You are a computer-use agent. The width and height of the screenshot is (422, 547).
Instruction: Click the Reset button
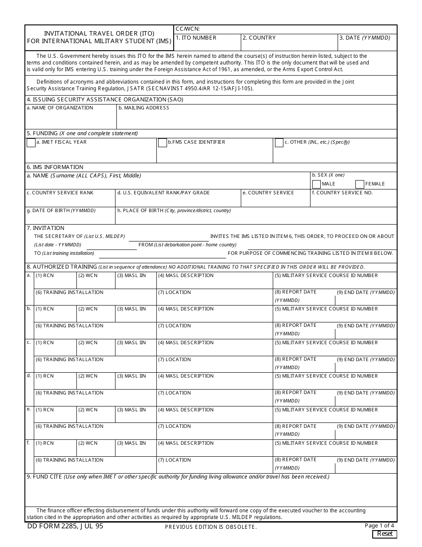pyautogui.click(x=384, y=534)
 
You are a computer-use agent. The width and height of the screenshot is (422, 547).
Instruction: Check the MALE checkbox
pyautogui.click(x=316, y=184)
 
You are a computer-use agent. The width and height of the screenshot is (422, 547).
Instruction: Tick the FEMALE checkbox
pyautogui.click(x=360, y=184)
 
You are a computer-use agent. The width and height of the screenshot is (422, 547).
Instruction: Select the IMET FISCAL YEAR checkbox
pyautogui.click(x=31, y=143)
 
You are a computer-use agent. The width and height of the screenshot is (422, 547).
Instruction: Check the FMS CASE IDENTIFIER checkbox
pyautogui.click(x=162, y=143)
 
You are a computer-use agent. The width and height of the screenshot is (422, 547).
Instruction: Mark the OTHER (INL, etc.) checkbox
pyautogui.click(x=279, y=143)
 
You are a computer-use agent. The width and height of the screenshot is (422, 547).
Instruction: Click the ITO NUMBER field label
pyautogui.click(x=196, y=38)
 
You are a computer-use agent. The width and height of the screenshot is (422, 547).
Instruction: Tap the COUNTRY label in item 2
pyautogui.click(x=259, y=38)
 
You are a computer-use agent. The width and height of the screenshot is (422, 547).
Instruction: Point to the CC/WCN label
pyautogui.click(x=188, y=29)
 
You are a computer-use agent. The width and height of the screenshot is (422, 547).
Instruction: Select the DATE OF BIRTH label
pyautogui.click(x=61, y=211)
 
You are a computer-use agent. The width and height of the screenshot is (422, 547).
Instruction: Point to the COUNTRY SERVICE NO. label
pyautogui.click(x=342, y=193)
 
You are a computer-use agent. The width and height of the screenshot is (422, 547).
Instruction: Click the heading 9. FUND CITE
pyautogui.click(x=44, y=477)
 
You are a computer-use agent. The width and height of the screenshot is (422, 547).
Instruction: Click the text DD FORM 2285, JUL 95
pyautogui.click(x=65, y=526)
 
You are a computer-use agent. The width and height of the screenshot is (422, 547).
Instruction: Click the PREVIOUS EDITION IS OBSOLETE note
pyautogui.click(x=211, y=527)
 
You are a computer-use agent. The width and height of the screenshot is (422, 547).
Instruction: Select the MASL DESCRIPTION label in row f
pyautogui.click(x=186, y=443)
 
